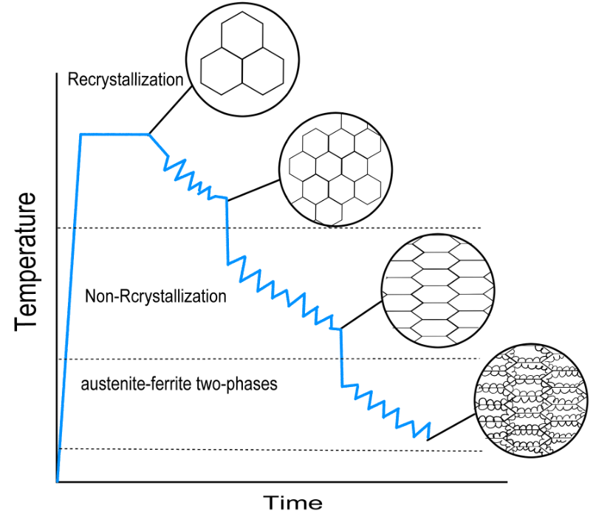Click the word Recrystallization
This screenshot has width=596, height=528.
pyautogui.click(x=126, y=80)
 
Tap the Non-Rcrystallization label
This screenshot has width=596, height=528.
pyautogui.click(x=155, y=296)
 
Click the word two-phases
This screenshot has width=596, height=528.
pyautogui.click(x=237, y=385)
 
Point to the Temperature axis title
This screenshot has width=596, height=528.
pyautogui.click(x=26, y=262)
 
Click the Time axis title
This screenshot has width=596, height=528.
pyautogui.click(x=292, y=504)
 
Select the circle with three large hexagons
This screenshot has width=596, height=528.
pyautogui.click(x=242, y=59)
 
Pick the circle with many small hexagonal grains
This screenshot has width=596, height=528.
pyautogui.click(x=335, y=170)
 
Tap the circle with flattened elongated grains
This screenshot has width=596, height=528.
pyautogui.click(x=438, y=290)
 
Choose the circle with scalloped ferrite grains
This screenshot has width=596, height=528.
pyautogui.click(x=532, y=401)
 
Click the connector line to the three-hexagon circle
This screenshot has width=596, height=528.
pyautogui.click(x=170, y=110)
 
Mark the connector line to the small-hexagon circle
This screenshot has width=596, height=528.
pyautogui.click(x=253, y=190)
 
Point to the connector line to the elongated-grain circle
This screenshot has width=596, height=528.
pyautogui.click(x=361, y=315)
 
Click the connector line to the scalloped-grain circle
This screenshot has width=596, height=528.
pyautogui.click(x=451, y=428)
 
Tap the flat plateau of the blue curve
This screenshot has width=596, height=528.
pyautogui.click(x=114, y=134)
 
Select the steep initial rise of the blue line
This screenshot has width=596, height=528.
pyautogui.click(x=69, y=308)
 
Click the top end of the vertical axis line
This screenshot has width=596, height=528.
pyautogui.click(x=57, y=73)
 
